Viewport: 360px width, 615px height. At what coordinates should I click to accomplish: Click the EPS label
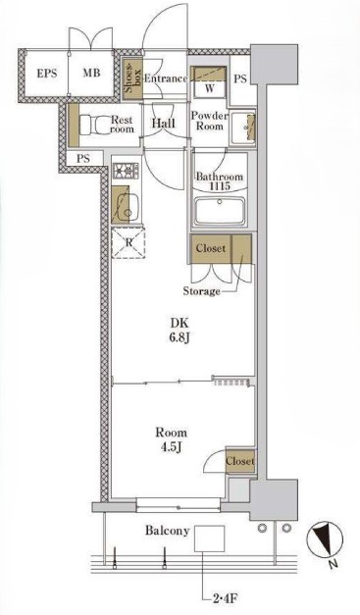[47, 74]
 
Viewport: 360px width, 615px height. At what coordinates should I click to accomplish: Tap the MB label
[91, 73]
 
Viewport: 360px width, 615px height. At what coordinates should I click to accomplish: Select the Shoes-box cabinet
[131, 79]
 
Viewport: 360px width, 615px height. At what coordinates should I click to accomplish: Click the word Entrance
[166, 78]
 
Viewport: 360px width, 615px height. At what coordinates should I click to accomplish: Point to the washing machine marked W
[209, 82]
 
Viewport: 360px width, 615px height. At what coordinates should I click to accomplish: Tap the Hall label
[164, 124]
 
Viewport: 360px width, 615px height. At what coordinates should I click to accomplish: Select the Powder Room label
[210, 121]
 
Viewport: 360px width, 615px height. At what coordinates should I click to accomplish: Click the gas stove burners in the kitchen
[126, 171]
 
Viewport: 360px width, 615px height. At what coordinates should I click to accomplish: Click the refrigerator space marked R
[129, 243]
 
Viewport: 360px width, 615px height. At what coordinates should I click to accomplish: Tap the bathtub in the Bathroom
[220, 211]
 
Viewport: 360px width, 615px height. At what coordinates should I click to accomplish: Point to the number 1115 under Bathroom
[219, 186]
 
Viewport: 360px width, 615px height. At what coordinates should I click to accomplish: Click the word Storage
[201, 291]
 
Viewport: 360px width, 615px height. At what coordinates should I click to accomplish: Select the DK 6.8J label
[180, 330]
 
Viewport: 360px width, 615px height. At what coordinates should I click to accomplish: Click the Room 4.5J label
[172, 439]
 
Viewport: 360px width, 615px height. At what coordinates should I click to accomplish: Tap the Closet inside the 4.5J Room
[240, 461]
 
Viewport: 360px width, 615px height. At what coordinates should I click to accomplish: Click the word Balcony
[168, 531]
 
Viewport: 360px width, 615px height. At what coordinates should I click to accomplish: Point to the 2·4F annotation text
[223, 599]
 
